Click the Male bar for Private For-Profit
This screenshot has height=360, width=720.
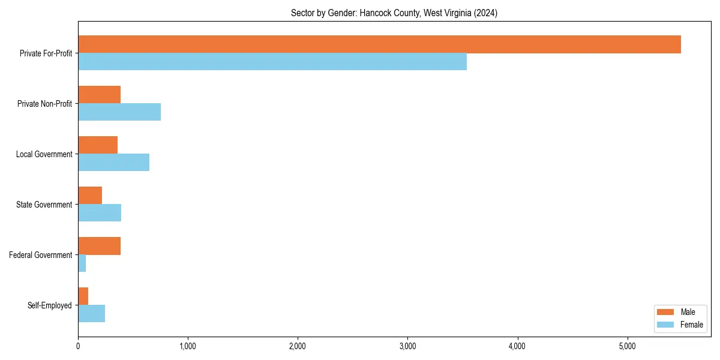(379, 44)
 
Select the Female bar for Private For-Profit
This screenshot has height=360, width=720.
(272, 62)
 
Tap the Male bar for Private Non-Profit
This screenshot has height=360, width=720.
(100, 95)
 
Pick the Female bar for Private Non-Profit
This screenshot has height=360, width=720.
(119, 112)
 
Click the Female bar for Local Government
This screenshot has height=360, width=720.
(114, 163)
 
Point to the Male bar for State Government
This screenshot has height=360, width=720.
(90, 196)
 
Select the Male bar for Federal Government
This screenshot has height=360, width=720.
(100, 246)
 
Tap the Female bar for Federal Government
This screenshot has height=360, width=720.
(82, 263)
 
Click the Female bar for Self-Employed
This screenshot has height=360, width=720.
(92, 314)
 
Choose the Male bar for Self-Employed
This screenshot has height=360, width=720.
(83, 296)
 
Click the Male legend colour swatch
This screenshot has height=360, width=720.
(666, 312)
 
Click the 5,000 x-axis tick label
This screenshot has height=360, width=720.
(627, 346)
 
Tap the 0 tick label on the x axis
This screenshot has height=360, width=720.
(78, 346)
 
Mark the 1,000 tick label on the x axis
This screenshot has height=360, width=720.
(188, 346)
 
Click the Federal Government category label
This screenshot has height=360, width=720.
(41, 255)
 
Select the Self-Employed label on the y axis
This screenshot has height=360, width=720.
(50, 305)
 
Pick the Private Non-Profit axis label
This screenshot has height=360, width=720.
(44, 104)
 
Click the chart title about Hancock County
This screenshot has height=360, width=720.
(394, 13)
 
